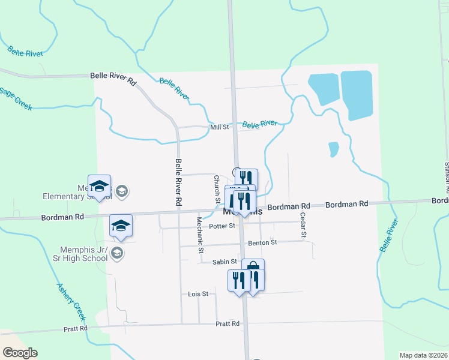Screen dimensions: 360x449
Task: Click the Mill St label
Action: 220,127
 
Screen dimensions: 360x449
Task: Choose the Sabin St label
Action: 224,262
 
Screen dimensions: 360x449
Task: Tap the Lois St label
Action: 197,294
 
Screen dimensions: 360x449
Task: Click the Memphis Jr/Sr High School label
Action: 83,254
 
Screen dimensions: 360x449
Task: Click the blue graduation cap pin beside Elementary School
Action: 99,186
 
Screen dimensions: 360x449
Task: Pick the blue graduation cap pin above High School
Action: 121,226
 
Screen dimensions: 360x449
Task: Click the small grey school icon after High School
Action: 117,254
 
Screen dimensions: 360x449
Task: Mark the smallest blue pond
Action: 333,148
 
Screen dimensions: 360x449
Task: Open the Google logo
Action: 20,353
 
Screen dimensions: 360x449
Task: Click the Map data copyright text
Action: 423,355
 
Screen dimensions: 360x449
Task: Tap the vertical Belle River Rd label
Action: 179,182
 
